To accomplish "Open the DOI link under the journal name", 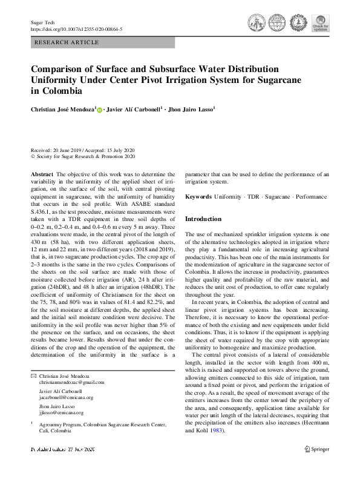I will (x=76, y=28).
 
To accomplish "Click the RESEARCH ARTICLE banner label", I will (x=67, y=42).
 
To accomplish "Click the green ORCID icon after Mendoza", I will (x=99, y=110).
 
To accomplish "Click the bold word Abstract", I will (x=42, y=174).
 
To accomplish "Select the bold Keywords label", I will (x=198, y=197).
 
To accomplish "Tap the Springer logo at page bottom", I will (x=316, y=449).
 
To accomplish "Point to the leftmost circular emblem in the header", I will (x=257, y=24).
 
